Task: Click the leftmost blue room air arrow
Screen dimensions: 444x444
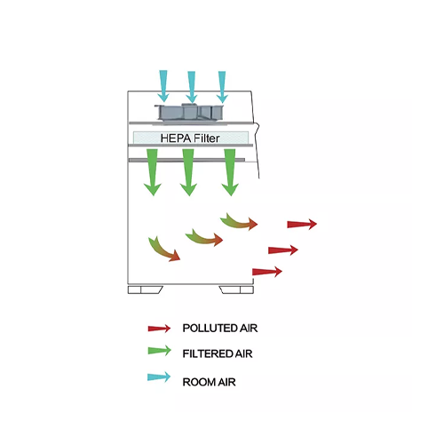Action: [163, 86]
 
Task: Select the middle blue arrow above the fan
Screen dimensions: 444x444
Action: [192, 87]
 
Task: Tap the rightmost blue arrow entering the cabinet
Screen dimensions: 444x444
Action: [222, 87]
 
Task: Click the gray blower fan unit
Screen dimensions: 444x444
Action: [189, 113]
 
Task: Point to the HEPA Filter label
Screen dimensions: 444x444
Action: [190, 139]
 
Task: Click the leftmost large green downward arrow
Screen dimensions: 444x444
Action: [153, 172]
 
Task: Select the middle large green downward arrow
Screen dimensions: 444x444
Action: [188, 172]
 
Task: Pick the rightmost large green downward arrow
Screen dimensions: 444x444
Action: [230, 172]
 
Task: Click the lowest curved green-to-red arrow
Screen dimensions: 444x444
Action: [163, 251]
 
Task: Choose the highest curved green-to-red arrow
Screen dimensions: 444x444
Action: [239, 222]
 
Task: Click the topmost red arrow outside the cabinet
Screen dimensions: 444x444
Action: [302, 224]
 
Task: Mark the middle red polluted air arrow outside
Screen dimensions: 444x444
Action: [283, 250]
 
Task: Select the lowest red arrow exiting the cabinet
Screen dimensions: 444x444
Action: [267, 272]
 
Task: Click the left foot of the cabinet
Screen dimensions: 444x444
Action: [145, 289]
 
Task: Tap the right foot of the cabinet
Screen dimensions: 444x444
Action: [236, 289]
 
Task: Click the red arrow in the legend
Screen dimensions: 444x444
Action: [159, 329]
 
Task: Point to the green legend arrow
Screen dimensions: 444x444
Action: [159, 351]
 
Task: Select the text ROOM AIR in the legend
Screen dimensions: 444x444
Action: [209, 382]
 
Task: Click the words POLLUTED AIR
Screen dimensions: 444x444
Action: [220, 329]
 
